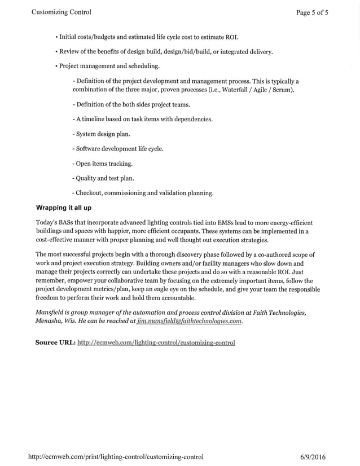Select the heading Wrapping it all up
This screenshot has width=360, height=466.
[63, 208]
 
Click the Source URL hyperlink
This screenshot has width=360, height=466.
[156, 342]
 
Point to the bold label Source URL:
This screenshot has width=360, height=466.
[55, 342]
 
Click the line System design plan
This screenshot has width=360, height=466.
[102, 134]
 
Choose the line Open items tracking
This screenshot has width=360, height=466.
[103, 164]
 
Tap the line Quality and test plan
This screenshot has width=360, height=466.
[104, 178]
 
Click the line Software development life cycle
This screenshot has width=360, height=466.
[118, 149]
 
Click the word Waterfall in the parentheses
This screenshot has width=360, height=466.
[235, 90]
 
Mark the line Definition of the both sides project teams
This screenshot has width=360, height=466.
[131, 104]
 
